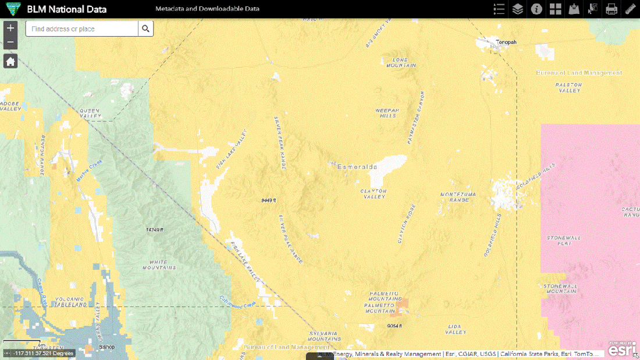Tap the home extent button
[x=10, y=61]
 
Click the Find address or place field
[x=81, y=29]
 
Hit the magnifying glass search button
[x=145, y=29]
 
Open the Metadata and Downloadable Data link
[x=207, y=9]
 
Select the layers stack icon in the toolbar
[x=517, y=9]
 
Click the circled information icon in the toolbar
[x=536, y=9]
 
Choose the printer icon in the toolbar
[x=611, y=9]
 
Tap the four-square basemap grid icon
[x=555, y=9]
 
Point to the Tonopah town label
[x=506, y=42]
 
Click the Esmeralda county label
[x=357, y=167]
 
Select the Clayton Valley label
[x=374, y=194]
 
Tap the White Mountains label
[x=159, y=265]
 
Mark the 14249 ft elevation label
[x=155, y=230]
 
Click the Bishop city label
[x=106, y=347]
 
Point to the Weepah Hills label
[x=386, y=112]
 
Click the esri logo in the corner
[x=622, y=350]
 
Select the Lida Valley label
[x=456, y=330]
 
